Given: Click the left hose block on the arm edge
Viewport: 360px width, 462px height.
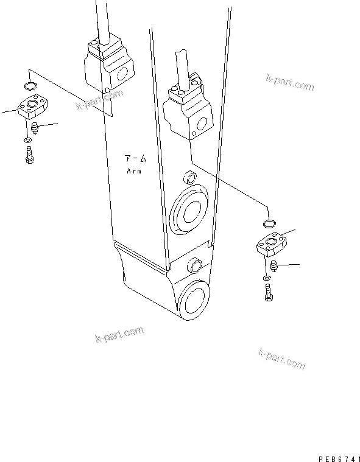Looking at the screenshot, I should (x=108, y=65).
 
